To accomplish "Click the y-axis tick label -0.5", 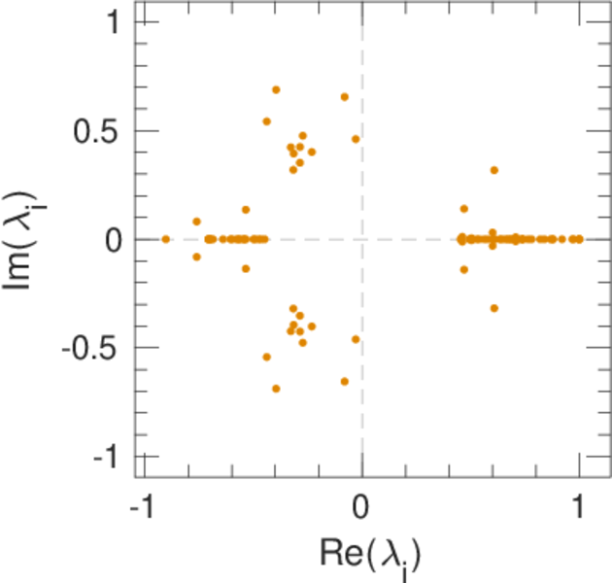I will click(93, 348).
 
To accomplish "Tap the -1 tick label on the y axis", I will click(107, 456).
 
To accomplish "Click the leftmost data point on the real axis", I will click(165, 239).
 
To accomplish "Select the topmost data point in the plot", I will click(276, 89).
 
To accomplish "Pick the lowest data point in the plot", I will click(276, 389).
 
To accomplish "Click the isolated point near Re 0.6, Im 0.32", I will click(493, 170).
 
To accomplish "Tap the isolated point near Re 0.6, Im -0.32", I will click(493, 308).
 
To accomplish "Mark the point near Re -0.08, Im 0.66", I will click(344, 96).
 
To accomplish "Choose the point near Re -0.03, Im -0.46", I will click(356, 339).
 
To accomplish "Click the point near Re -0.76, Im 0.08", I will click(196, 222).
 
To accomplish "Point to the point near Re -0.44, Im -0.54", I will click(267, 357).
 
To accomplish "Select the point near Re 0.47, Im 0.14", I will click(463, 209).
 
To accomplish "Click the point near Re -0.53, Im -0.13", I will click(246, 268).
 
